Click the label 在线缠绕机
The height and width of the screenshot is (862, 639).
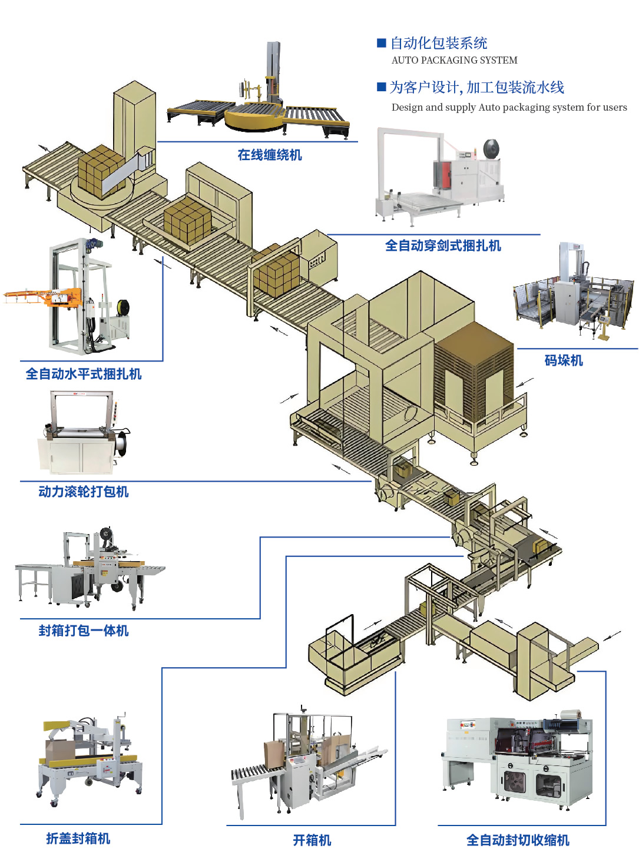point(270,155)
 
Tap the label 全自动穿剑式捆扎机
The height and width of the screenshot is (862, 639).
point(443,246)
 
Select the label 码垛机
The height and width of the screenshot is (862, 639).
point(564,360)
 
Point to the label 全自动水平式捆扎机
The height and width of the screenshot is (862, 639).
point(84,374)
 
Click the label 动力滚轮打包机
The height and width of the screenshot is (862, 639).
point(83,492)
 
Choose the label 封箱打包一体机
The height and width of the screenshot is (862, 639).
point(83,631)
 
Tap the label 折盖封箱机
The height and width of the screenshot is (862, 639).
point(78,838)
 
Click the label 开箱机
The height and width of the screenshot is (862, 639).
point(312,840)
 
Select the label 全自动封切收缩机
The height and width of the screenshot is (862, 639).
point(518,840)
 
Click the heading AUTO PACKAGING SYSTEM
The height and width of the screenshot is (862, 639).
point(454,60)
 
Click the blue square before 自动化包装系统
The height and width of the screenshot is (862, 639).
point(382,43)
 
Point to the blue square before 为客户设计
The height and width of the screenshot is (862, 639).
point(382,87)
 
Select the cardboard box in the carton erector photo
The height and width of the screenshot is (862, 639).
point(273,753)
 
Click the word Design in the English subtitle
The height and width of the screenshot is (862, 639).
point(407,107)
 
